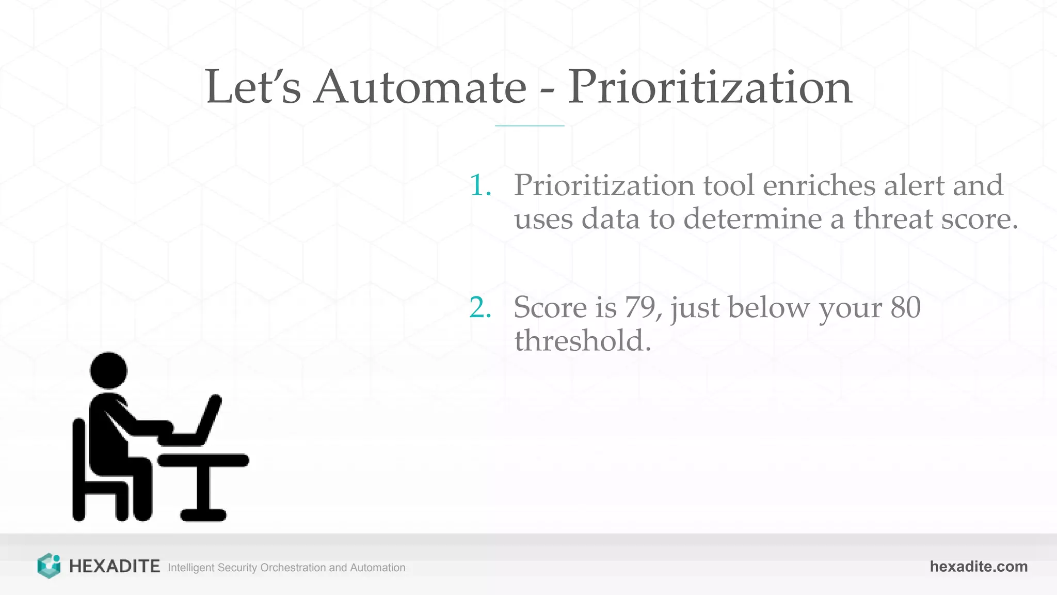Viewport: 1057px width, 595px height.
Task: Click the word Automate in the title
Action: point(421,87)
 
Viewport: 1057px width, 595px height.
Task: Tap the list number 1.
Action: point(479,185)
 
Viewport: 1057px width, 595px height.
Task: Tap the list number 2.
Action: point(479,308)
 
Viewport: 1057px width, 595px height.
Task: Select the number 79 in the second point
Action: point(640,307)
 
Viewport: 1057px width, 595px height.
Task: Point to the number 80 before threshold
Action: point(905,307)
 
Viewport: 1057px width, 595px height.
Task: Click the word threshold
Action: point(583,341)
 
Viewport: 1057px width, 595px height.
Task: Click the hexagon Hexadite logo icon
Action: point(49,566)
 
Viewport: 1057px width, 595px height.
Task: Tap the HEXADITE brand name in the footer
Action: point(114,567)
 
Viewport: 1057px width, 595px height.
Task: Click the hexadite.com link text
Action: point(979,567)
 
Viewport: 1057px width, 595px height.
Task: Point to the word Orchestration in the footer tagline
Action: point(293,568)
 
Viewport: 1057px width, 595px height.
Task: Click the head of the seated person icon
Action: point(108,370)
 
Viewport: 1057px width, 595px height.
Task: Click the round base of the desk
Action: point(203,515)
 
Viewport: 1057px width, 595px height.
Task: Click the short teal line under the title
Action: point(530,126)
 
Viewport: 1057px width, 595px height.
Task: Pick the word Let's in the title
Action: point(253,87)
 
